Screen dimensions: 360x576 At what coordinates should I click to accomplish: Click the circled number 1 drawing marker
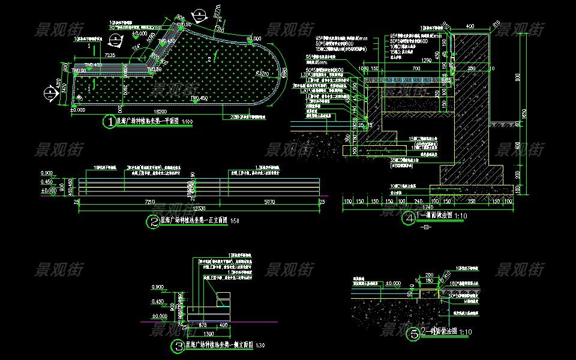pos(110,122)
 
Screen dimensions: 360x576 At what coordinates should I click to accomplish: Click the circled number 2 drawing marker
pos(153,221)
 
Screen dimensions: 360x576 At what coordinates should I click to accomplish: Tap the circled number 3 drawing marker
pos(178,346)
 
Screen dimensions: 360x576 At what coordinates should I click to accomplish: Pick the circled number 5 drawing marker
pos(415,334)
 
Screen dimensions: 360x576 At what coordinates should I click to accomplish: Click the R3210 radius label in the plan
pos(262,73)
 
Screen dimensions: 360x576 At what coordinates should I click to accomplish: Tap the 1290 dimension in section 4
pos(427,61)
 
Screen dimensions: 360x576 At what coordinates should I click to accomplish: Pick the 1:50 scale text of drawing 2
pos(234,221)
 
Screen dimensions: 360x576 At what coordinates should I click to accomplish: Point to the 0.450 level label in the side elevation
pos(158,301)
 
